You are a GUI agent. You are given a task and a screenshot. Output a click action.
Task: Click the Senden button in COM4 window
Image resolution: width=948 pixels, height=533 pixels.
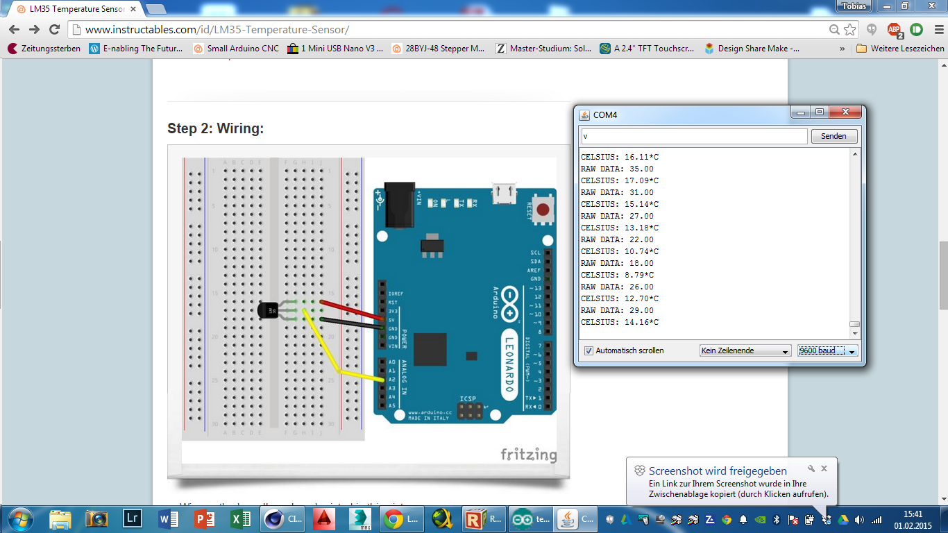833,136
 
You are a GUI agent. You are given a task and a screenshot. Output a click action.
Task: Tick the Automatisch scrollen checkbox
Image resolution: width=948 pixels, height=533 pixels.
589,350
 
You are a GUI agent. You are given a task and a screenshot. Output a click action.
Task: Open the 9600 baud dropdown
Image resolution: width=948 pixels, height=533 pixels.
827,350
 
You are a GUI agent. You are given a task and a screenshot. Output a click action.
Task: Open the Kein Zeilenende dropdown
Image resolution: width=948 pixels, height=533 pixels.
745,350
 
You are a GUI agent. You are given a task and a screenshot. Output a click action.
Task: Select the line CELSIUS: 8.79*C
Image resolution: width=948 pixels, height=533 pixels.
617,275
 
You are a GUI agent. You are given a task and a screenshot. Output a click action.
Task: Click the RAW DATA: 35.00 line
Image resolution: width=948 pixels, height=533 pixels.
617,169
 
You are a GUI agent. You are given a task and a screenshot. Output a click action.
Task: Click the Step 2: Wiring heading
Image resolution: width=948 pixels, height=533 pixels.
215,128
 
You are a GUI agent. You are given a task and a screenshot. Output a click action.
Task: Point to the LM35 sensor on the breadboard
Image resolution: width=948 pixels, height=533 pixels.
268,312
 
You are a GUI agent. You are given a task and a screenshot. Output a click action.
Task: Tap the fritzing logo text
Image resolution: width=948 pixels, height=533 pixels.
528,455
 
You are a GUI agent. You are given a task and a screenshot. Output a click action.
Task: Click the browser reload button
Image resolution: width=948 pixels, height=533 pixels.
54,29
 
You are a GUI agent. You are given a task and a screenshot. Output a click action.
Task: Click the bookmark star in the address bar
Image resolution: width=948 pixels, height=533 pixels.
850,29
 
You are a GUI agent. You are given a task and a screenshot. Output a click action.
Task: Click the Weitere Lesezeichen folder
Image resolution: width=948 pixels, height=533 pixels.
900,49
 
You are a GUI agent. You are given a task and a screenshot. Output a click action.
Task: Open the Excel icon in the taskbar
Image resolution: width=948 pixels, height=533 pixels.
240,518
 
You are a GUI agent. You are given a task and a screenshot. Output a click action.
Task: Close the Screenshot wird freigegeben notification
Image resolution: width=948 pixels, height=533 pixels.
824,468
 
